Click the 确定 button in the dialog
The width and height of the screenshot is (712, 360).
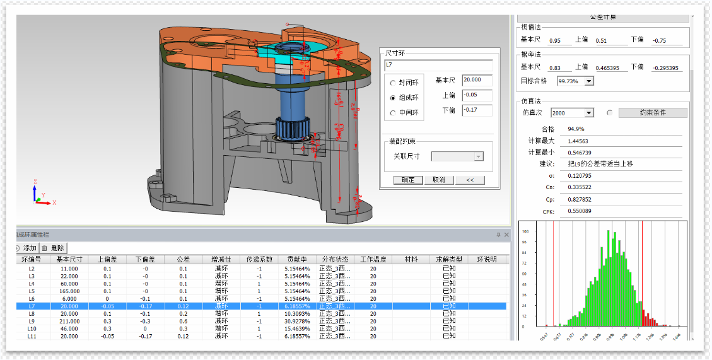pos(408,180)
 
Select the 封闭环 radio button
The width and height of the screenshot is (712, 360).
pos(394,83)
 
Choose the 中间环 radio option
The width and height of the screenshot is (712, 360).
pos(394,113)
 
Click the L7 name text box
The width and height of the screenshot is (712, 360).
pos(438,66)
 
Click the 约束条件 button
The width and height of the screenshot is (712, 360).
pos(653,113)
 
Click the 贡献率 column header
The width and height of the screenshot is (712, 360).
pos(298,259)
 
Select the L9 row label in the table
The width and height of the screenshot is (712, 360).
pos(32,321)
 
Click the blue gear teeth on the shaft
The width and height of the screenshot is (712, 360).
pos(291,129)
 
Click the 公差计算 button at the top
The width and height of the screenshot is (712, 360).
pos(603,17)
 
